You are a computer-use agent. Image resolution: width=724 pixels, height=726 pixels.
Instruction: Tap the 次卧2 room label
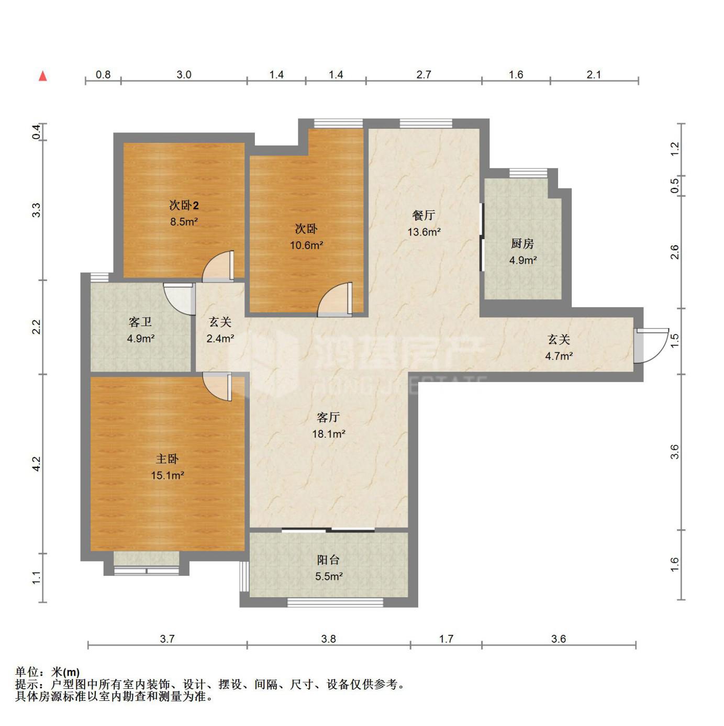(x=184, y=205)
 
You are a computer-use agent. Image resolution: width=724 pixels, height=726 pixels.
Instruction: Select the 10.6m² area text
(x=306, y=245)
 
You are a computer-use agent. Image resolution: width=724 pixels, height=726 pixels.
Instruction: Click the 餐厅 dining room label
(x=424, y=215)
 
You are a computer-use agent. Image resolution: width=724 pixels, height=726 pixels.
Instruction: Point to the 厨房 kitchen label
(x=522, y=244)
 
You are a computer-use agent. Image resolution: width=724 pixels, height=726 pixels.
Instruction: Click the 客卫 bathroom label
(x=140, y=322)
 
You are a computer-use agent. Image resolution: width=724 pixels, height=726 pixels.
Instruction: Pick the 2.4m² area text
(x=220, y=338)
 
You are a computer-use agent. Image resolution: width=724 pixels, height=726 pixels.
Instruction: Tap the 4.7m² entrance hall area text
(x=559, y=355)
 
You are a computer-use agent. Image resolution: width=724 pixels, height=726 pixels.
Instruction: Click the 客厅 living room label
(x=328, y=417)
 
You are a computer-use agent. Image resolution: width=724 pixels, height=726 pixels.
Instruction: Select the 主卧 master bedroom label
(x=167, y=459)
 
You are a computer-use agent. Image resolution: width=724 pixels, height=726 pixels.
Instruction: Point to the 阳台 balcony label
(x=328, y=560)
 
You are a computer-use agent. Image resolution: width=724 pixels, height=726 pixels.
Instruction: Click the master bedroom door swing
(x=217, y=387)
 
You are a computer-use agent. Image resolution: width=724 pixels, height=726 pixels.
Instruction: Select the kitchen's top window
(x=528, y=173)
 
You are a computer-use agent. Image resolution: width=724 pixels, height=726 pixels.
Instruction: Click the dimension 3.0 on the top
(x=184, y=75)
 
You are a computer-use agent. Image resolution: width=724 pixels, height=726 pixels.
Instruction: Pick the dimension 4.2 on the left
(x=37, y=463)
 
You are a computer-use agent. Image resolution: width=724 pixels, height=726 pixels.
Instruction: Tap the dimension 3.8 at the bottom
(x=328, y=639)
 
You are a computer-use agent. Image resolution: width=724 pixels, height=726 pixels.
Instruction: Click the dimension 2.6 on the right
(x=675, y=252)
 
